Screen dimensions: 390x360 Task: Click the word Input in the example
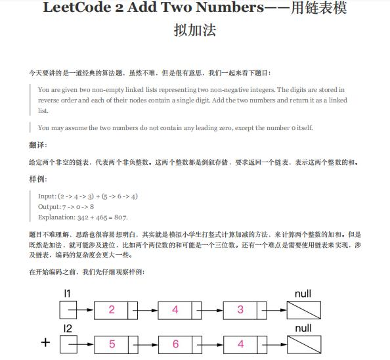tap(47, 196)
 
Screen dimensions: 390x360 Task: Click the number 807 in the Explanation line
tap(120, 217)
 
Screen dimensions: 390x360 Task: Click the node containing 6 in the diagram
tap(176, 343)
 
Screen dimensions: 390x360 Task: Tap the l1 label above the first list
tap(68, 293)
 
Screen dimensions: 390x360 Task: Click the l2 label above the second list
tap(68, 327)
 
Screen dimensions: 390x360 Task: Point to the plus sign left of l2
tap(45, 343)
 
